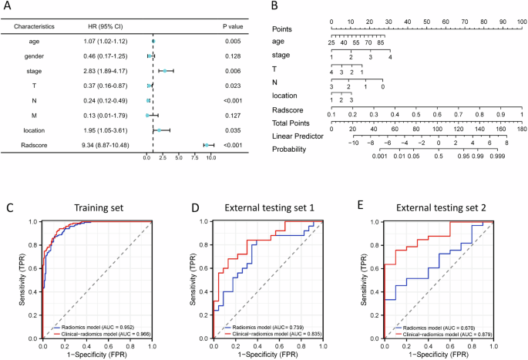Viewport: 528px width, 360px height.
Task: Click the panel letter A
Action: tap(8, 8)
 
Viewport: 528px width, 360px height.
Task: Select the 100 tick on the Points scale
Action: tap(522, 22)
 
